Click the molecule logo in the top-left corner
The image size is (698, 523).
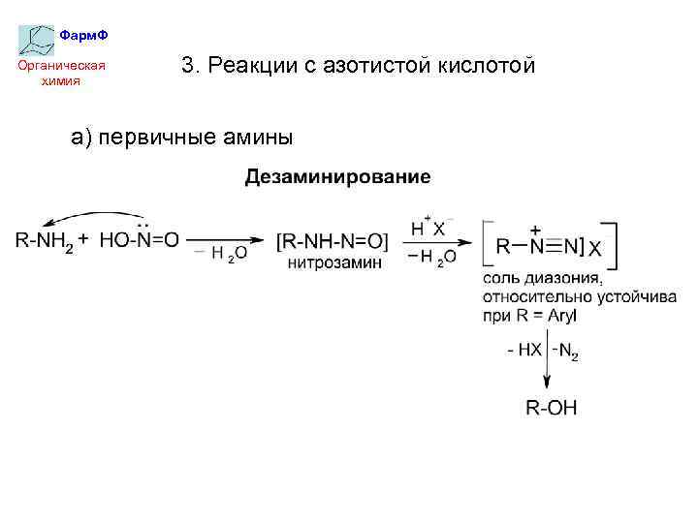37,40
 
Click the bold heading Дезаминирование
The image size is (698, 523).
337,177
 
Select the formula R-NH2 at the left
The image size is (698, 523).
45,239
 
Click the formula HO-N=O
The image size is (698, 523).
139,239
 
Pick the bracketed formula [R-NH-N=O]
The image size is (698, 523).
332,240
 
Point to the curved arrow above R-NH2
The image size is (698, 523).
92,217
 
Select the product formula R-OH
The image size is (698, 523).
551,408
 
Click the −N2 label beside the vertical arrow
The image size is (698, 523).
565,351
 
